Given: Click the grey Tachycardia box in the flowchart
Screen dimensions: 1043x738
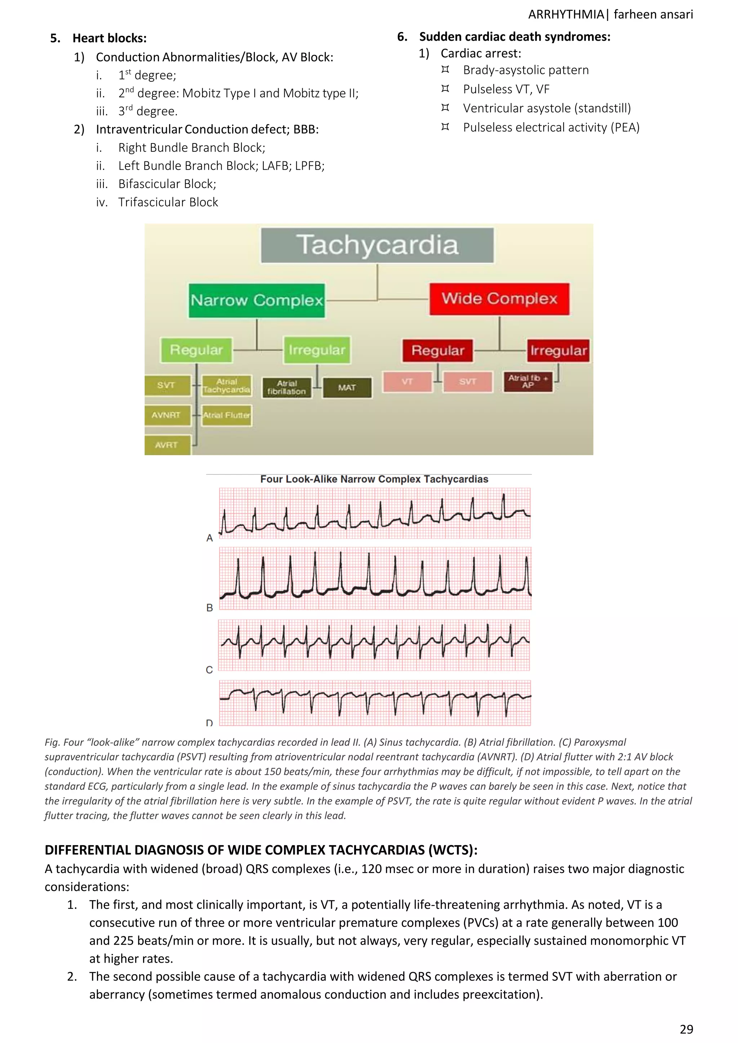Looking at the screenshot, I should [377, 245].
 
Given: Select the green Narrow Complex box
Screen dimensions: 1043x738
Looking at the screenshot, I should [257, 300].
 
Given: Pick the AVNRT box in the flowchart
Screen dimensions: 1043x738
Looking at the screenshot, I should [166, 415].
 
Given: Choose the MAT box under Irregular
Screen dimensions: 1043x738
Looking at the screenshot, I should [347, 388].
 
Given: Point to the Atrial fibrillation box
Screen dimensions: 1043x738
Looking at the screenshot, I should [287, 388].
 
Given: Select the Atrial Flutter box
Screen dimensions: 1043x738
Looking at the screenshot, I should [226, 415].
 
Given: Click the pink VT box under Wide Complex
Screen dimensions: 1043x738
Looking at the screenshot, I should [407, 382].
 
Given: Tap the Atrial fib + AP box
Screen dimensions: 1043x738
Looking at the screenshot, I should [528, 382].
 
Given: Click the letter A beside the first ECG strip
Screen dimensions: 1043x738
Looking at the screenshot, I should [209, 538].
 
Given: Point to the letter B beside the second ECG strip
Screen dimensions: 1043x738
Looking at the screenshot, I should [209, 607].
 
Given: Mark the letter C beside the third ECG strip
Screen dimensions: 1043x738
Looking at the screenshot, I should [209, 670].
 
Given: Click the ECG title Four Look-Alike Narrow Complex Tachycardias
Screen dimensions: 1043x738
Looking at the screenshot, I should [374, 479].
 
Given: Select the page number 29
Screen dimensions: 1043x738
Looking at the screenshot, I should [686, 1029].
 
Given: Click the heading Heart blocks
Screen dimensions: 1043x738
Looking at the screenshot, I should [110, 38].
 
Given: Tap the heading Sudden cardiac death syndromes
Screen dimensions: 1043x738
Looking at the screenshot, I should [515, 37].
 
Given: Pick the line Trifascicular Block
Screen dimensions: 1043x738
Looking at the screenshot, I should [168, 202].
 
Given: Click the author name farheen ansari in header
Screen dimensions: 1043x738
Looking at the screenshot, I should [653, 14].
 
